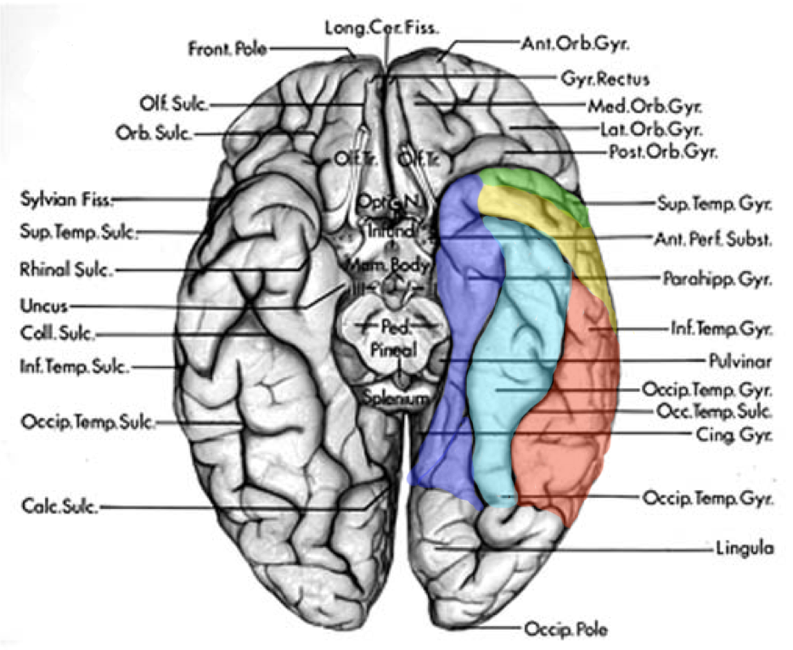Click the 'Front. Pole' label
click(227, 48)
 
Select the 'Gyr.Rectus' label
click(604, 79)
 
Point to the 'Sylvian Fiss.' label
click(65, 201)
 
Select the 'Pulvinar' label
click(740, 361)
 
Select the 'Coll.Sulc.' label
click(55, 334)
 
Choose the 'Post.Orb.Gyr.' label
click(663, 153)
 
